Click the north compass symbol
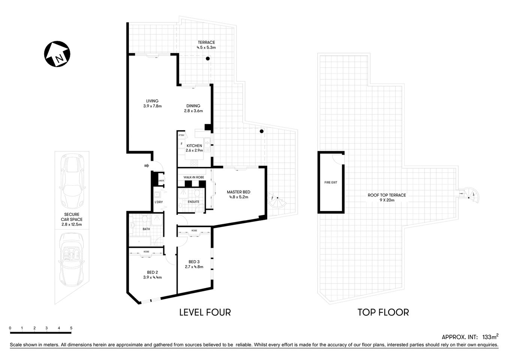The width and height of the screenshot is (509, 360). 57,54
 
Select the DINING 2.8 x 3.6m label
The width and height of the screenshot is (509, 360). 193,108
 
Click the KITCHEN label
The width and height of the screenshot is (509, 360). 194,146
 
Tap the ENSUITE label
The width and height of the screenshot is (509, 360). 193,202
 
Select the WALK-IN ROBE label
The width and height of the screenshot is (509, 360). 193,177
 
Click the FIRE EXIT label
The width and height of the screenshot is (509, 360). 331,183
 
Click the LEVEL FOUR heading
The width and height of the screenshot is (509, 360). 205,312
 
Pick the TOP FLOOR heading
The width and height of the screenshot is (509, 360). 383,312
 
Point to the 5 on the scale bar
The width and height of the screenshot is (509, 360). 71,328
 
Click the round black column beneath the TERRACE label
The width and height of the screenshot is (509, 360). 207,58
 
